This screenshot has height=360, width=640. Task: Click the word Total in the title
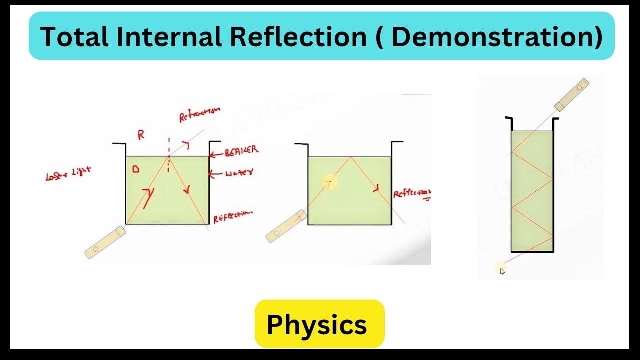(x=73, y=37)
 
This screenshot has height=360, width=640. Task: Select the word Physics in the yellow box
(x=317, y=325)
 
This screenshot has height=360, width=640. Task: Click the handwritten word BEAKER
(x=242, y=150)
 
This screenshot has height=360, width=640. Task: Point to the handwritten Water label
(x=239, y=173)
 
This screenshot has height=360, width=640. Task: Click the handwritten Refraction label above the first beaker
(x=199, y=114)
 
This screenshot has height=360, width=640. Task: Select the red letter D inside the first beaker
(x=135, y=170)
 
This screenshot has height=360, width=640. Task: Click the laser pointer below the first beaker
(x=104, y=242)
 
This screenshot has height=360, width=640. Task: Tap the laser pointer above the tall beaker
(x=571, y=94)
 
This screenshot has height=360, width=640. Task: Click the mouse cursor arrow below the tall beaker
(x=502, y=271)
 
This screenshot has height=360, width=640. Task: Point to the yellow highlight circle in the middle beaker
(x=329, y=182)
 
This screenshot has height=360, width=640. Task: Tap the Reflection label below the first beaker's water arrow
(x=233, y=217)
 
